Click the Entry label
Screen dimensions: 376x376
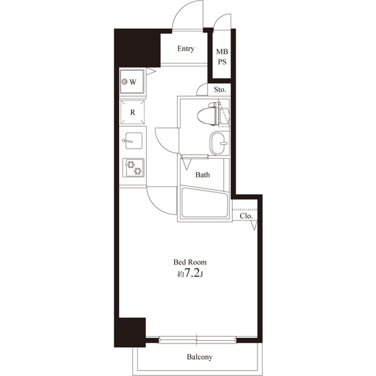click(x=185, y=49)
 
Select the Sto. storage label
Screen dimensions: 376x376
click(x=219, y=90)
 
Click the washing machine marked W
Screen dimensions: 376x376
click(x=132, y=81)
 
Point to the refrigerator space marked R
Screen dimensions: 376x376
click(x=132, y=112)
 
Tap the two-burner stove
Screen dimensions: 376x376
click(x=133, y=167)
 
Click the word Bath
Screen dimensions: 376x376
click(x=202, y=175)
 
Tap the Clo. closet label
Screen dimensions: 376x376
click(x=246, y=216)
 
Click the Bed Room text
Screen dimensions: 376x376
click(x=190, y=262)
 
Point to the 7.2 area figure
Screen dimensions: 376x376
click(x=191, y=274)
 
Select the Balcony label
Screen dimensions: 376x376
click(x=199, y=357)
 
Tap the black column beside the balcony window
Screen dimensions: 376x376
click(x=129, y=332)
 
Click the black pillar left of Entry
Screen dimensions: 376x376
click(x=137, y=48)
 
